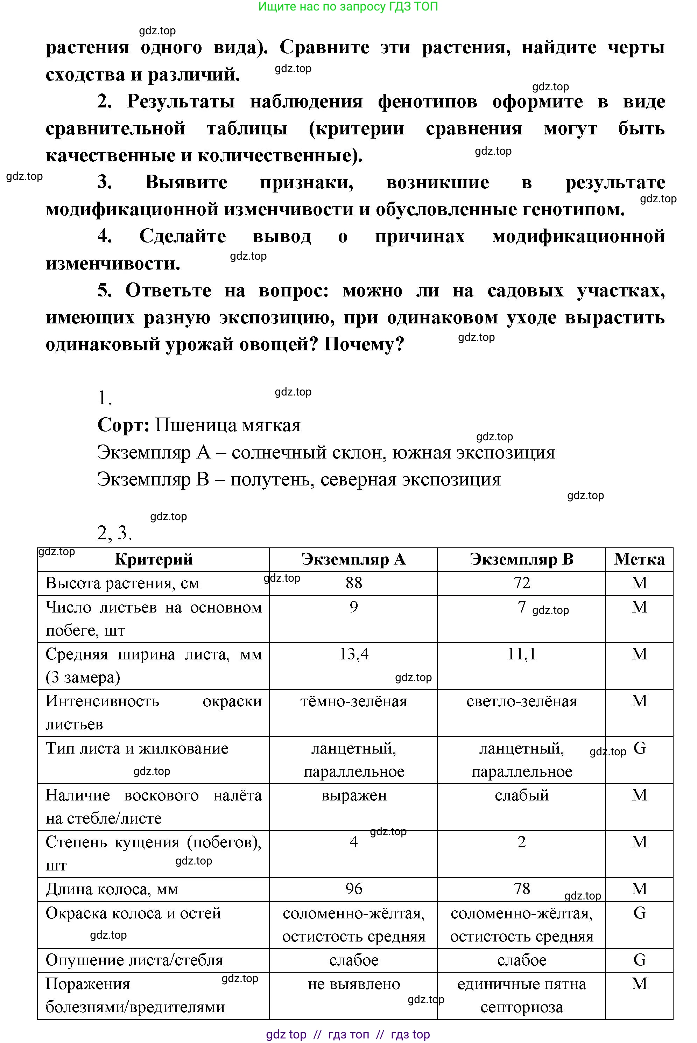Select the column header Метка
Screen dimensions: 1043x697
click(x=639, y=559)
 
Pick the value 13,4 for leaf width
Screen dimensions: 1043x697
click(x=353, y=654)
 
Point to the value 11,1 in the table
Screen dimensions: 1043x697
click(x=521, y=654)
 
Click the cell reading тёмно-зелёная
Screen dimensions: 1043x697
click(x=353, y=701)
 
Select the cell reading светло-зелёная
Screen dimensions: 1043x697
click(x=521, y=701)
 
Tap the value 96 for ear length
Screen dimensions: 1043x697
click(x=353, y=889)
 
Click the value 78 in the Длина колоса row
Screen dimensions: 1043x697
click(x=521, y=889)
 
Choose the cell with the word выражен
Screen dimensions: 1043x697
click(x=353, y=795)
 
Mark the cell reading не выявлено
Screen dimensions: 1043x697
click(x=353, y=984)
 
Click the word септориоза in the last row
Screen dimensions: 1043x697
click(x=521, y=1007)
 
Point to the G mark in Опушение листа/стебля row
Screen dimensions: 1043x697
click(x=639, y=960)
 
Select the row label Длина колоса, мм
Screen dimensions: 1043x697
click(x=112, y=889)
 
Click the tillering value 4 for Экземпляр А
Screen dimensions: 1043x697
click(x=353, y=842)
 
